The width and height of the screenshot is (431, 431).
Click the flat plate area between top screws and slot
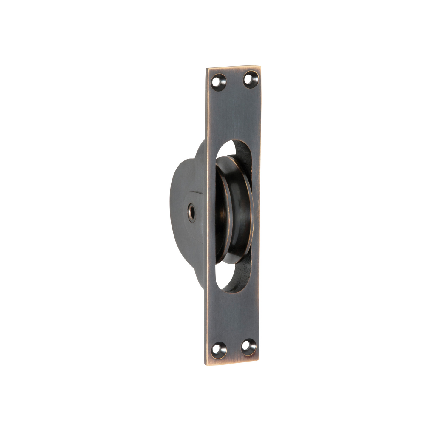234,113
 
